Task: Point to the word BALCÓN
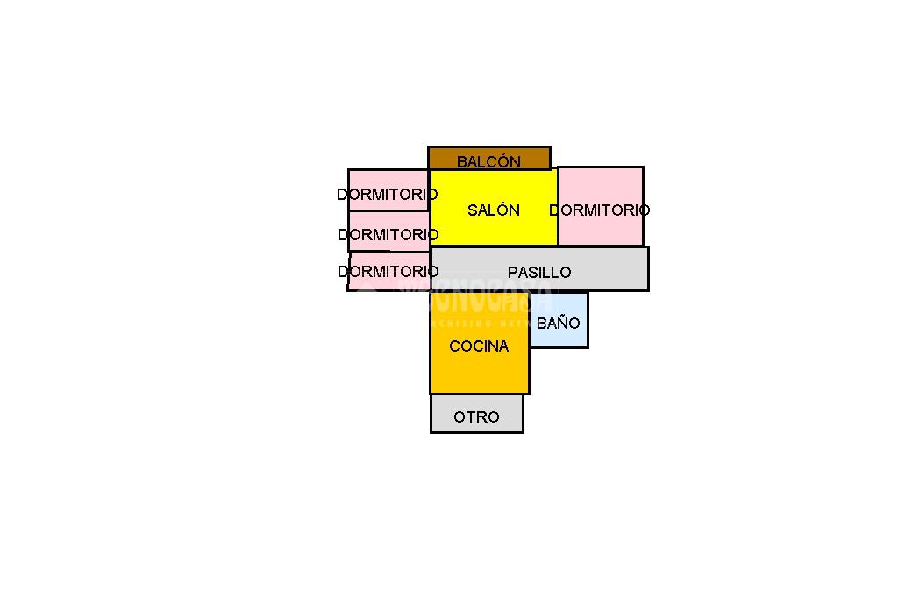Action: (488, 162)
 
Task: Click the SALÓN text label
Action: (494, 210)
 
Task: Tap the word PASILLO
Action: (539, 273)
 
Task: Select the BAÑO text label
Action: (559, 324)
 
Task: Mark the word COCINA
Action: (479, 346)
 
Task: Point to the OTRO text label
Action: (476, 417)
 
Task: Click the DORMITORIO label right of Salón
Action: (600, 210)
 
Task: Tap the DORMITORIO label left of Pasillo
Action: (388, 272)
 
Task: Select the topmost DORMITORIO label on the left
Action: (388, 195)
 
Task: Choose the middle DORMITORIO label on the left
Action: (388, 235)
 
